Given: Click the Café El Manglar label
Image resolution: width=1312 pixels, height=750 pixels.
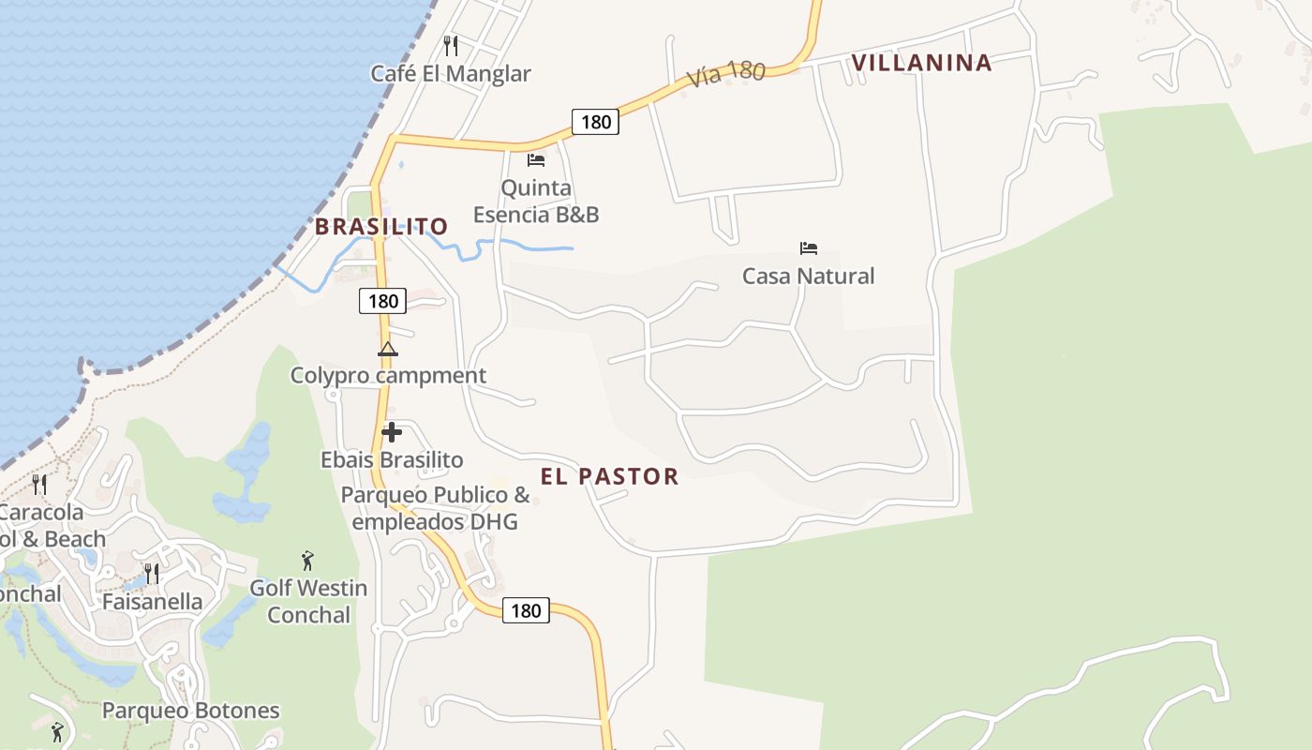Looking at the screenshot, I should [451, 74].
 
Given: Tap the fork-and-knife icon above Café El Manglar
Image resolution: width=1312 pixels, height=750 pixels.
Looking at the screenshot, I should [451, 45].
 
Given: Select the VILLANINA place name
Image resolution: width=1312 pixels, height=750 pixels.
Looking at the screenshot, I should [921, 63].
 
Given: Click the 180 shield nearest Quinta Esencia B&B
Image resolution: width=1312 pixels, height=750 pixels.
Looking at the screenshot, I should [595, 121].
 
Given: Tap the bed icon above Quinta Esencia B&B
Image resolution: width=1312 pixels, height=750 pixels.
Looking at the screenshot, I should [536, 159].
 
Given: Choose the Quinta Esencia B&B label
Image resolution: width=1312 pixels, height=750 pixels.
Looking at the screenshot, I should [536, 201].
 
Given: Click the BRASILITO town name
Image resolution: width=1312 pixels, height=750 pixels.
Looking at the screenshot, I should [381, 227].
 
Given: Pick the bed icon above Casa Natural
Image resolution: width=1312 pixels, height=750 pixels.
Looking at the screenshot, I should [809, 248].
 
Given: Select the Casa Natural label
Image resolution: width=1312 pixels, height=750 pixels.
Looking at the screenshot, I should [809, 276].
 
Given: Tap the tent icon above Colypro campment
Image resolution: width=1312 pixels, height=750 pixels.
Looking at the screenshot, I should [388, 350].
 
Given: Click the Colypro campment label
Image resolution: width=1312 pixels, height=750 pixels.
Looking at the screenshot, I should [388, 376].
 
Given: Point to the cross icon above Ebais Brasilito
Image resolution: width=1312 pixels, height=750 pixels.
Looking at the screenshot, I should [392, 432].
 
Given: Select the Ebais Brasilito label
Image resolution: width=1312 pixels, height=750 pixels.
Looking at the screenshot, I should [392, 460].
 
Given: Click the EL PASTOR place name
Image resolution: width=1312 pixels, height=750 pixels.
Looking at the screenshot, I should [609, 476].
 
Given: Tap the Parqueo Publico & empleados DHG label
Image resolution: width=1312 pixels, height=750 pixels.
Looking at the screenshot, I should [435, 508].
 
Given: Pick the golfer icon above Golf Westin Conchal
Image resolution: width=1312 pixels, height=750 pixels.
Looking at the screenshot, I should [307, 561].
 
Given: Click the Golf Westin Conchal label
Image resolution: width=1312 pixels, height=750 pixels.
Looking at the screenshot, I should [308, 602].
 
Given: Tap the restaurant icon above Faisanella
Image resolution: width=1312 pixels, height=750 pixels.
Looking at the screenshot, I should [151, 573].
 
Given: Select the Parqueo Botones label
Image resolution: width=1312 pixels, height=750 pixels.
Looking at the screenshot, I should [190, 711].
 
